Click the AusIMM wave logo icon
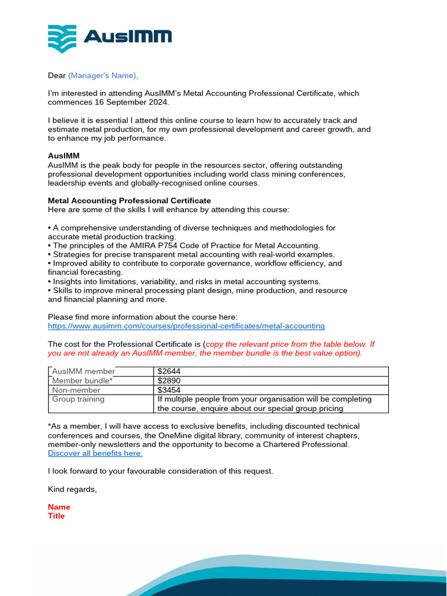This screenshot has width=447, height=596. coord(62,39)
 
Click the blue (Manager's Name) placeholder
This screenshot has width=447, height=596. coord(103,75)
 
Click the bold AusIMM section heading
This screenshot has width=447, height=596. coord(63,156)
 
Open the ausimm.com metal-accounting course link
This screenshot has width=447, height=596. coord(186,326)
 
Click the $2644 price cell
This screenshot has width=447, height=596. coord(169,372)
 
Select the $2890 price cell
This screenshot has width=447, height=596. coord(169,381)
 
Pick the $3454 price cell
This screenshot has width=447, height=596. coord(169,390)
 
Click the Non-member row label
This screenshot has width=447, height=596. coord(76,390)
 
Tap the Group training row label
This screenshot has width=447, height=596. coord(79,399)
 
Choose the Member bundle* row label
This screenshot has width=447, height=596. coord(82,381)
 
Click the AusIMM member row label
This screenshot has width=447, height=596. coord(83,372)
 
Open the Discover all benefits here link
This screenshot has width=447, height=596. coord(95,453)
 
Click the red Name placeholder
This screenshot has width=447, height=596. coord(59,507)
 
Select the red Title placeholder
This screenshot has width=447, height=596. coord(56,516)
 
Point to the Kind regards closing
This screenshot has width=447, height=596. coord(72,489)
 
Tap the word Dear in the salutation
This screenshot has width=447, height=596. coord(56,75)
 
